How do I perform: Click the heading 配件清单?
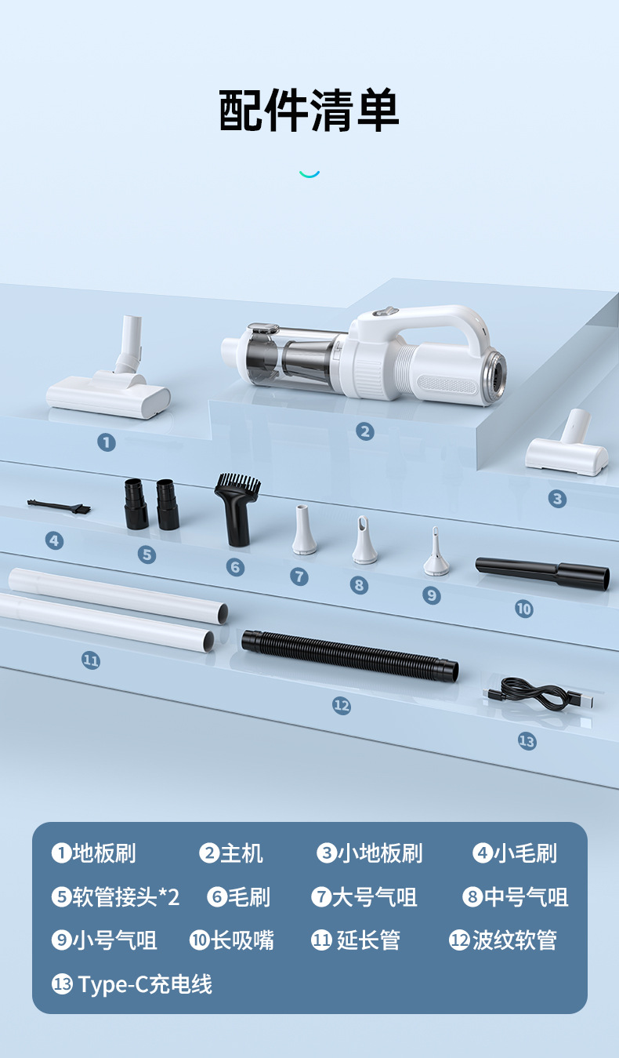click(x=309, y=111)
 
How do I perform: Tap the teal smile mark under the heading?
click(x=309, y=174)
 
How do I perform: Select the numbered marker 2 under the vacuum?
click(x=364, y=431)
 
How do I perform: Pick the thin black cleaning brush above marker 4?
click(x=59, y=506)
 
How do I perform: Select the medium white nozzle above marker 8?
click(x=364, y=540)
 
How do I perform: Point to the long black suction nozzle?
click(x=542, y=573)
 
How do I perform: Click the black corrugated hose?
click(x=349, y=656)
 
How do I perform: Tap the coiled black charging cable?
click(x=538, y=694)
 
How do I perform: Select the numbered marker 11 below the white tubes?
click(x=91, y=660)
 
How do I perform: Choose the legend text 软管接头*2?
click(x=126, y=897)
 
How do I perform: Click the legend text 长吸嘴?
click(x=242, y=940)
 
